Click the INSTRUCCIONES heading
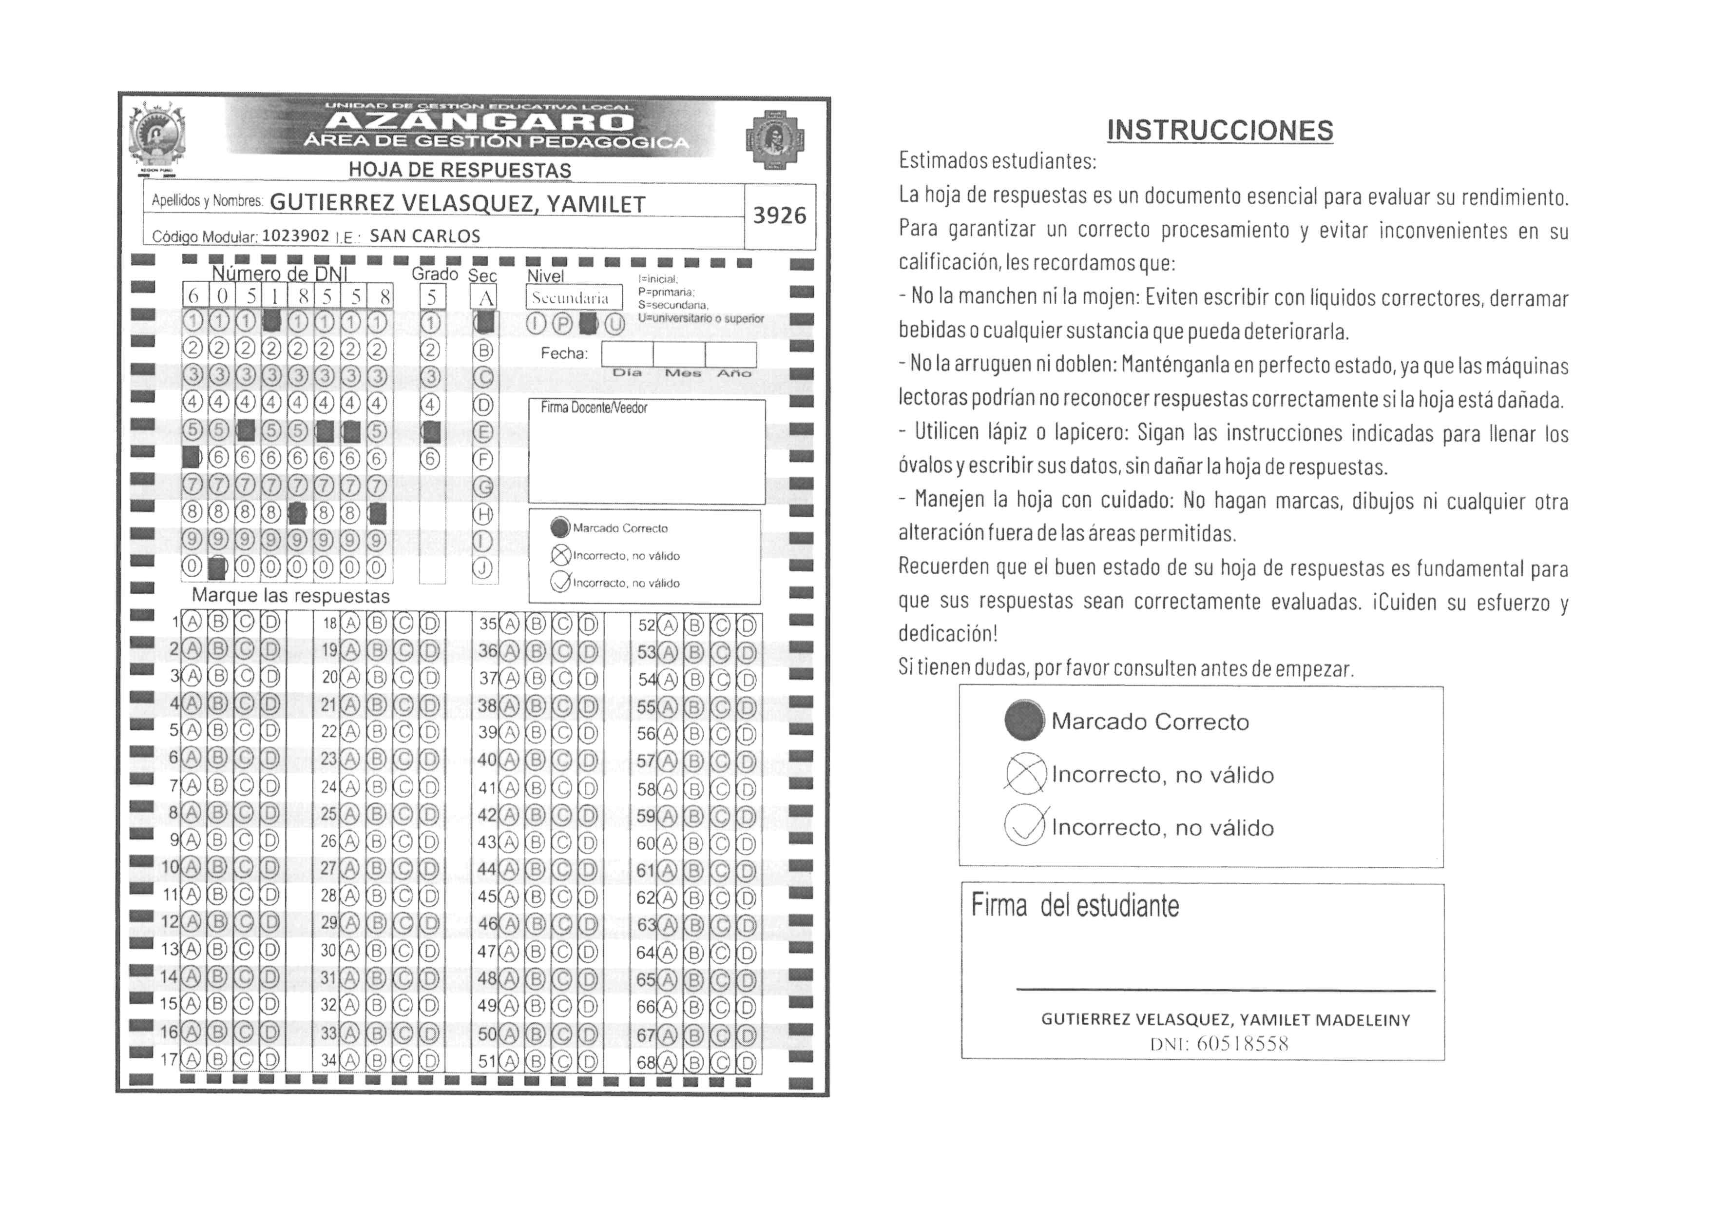coord(1219,130)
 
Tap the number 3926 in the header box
coord(779,216)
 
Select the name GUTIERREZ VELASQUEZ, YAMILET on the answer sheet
coord(457,203)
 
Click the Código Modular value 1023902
coord(295,236)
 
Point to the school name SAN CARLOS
coord(425,236)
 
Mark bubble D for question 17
coord(270,1059)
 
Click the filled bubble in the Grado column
coord(430,431)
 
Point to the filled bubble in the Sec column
coord(484,322)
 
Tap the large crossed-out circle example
coord(1025,774)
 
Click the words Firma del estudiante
coord(1075,906)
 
